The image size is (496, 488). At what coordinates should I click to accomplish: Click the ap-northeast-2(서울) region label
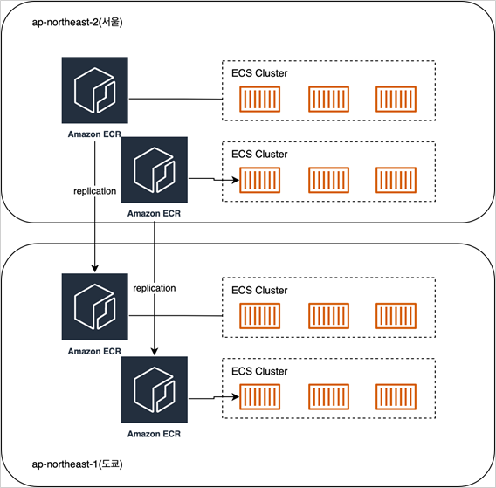tap(77, 23)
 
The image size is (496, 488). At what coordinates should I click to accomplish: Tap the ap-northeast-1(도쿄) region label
tap(77, 464)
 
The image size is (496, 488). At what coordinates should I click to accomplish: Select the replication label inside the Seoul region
tap(95, 191)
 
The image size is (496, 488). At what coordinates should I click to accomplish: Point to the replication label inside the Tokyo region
tap(155, 288)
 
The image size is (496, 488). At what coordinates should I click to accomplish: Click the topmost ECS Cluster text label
tap(259, 73)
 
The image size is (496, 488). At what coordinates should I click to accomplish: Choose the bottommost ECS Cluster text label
tap(259, 371)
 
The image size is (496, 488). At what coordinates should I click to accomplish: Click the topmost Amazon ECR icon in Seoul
tap(95, 90)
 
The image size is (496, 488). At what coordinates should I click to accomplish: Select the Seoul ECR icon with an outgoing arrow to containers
tap(155, 170)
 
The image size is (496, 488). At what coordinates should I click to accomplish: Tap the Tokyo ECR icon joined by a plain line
tap(95, 306)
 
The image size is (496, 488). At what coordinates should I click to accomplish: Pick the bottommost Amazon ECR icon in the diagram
tap(155, 389)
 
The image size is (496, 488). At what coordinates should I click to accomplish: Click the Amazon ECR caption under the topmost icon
tap(94, 134)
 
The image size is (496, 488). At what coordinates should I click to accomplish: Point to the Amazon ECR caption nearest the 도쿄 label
tap(154, 434)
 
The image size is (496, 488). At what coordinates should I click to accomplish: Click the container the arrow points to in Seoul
tap(259, 180)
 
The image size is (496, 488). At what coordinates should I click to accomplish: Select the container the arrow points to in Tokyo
tap(259, 397)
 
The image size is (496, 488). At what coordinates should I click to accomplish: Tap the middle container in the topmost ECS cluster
tap(328, 99)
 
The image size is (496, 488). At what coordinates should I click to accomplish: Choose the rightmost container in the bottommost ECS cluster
tap(396, 397)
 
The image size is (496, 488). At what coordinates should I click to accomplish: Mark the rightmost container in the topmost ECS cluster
tap(396, 99)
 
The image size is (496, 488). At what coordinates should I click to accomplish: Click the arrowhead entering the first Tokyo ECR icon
tap(95, 269)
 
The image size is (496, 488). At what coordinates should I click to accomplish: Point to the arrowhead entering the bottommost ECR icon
tap(155, 351)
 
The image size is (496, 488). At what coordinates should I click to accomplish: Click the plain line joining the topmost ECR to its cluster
tap(176, 99)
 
